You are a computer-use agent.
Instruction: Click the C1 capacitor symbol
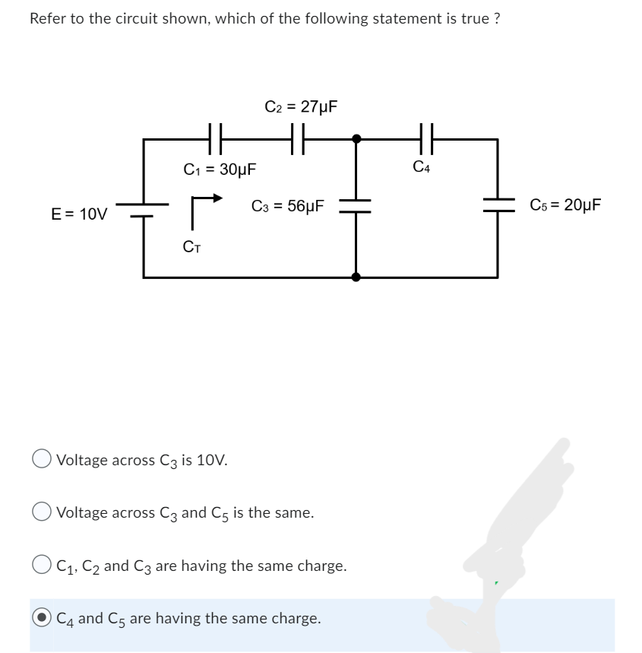213,139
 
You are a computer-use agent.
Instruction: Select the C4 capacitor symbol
424,139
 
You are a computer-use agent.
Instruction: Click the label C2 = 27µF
301,106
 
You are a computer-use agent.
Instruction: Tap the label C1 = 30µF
220,169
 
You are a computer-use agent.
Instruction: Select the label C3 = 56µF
288,206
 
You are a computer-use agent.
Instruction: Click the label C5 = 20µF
566,205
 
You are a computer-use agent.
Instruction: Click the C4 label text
422,166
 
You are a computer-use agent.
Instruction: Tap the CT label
192,246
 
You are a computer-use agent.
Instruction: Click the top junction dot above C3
356,139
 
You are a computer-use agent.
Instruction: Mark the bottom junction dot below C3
356,277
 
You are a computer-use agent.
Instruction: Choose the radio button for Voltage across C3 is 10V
42,460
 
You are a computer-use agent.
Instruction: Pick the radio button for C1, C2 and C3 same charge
42,566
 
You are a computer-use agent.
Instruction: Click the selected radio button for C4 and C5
42,618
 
